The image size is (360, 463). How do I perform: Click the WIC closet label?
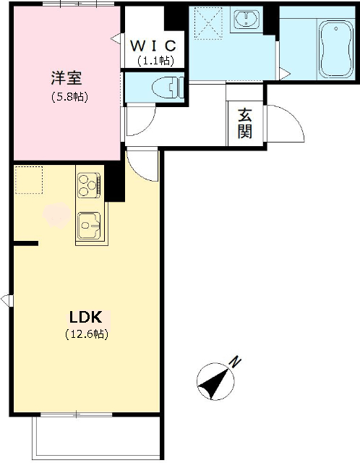153,45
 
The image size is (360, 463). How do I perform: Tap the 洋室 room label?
67,78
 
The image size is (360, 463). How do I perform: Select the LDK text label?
85,317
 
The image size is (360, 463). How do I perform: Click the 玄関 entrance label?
245,124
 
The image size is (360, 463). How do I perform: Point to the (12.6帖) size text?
87,334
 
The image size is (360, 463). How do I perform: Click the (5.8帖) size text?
69,96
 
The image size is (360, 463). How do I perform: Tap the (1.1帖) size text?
155,61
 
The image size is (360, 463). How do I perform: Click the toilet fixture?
168,88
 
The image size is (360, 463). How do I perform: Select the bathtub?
336,49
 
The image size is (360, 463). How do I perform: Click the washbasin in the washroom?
247,20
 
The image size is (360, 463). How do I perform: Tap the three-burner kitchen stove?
89,185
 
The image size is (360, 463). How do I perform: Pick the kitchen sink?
89,226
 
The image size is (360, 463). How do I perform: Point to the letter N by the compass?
236,362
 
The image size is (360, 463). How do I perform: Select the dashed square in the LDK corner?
29,180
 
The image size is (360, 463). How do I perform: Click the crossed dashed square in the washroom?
208,22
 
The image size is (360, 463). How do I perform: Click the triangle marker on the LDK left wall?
7,300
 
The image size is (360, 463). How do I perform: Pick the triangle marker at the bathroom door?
285,73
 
